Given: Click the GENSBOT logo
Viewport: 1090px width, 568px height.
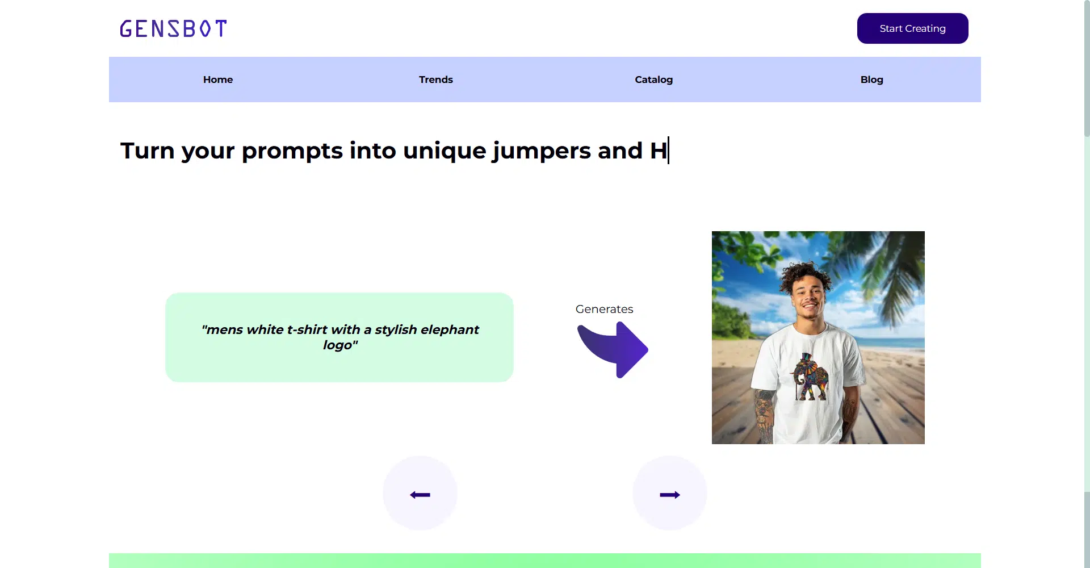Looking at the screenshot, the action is click(x=173, y=28).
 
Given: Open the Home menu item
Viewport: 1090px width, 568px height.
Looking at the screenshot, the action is click(x=218, y=80).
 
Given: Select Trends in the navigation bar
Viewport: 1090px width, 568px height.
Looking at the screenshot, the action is click(x=436, y=80).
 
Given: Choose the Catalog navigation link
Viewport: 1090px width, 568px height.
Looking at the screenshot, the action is click(x=654, y=80).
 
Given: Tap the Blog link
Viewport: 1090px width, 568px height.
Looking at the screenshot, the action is click(x=872, y=80).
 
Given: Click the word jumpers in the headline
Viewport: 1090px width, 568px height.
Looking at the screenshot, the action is click(x=542, y=152).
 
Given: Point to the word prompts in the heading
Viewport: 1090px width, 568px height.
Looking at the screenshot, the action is click(x=292, y=152).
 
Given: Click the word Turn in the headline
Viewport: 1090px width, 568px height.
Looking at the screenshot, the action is click(x=147, y=151).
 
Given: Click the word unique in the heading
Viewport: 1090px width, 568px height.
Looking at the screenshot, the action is click(x=445, y=152).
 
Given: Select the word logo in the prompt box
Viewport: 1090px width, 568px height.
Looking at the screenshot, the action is click(x=337, y=345).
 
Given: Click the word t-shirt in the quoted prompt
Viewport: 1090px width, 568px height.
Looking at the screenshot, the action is click(x=307, y=329).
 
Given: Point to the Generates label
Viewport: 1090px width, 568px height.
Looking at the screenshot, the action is click(x=604, y=309).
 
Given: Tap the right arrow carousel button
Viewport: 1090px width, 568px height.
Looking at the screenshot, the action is click(x=670, y=493).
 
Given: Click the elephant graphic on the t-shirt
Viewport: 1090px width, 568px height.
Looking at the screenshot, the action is click(x=811, y=377).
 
